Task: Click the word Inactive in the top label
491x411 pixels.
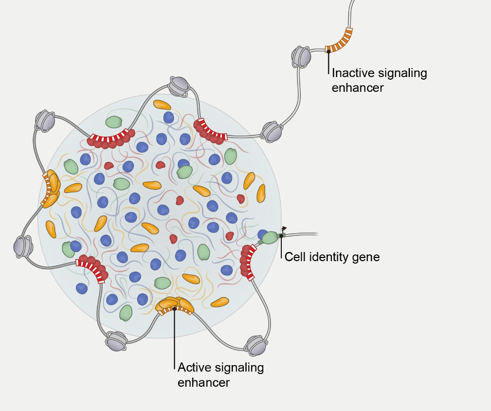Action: click(x=352, y=73)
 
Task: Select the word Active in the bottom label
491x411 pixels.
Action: click(x=193, y=367)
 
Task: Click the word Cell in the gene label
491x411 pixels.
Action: click(x=293, y=257)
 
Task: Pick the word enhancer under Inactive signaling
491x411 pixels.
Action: click(x=358, y=88)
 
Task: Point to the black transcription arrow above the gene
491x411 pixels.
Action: click(x=284, y=229)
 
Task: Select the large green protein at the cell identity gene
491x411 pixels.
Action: click(x=269, y=237)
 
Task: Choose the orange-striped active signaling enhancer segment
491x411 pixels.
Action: click(x=174, y=310)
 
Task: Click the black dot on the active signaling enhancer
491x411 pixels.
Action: click(x=174, y=309)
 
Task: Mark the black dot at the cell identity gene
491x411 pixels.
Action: click(x=281, y=236)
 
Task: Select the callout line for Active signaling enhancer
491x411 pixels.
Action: click(x=174, y=338)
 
